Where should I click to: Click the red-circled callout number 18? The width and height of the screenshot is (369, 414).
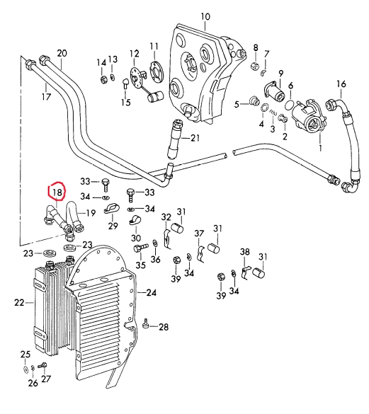tap(57, 192)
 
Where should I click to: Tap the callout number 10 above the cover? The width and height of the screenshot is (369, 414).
tap(205, 17)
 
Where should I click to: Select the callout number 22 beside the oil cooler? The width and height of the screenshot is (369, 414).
tap(19, 303)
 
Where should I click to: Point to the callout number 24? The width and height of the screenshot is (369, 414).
tap(152, 292)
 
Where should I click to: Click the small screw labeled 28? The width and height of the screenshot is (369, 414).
tap(145, 324)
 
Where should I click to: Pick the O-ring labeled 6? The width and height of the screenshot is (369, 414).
tap(289, 105)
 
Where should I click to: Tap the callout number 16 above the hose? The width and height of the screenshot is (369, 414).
tap(341, 84)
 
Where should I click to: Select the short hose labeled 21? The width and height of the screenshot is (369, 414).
tap(175, 139)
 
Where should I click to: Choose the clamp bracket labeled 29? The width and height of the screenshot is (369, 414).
tap(111, 209)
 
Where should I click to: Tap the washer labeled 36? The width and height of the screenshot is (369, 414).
tap(155, 243)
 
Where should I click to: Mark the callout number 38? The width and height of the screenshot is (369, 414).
tap(244, 252)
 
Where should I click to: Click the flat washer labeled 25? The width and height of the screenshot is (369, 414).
tap(25, 369)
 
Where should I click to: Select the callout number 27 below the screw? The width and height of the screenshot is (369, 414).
tap(46, 379)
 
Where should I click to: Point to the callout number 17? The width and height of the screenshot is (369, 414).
tap(46, 96)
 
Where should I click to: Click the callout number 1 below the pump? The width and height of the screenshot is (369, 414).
tap(320, 147)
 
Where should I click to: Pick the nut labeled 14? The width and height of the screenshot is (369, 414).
tap(103, 79)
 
